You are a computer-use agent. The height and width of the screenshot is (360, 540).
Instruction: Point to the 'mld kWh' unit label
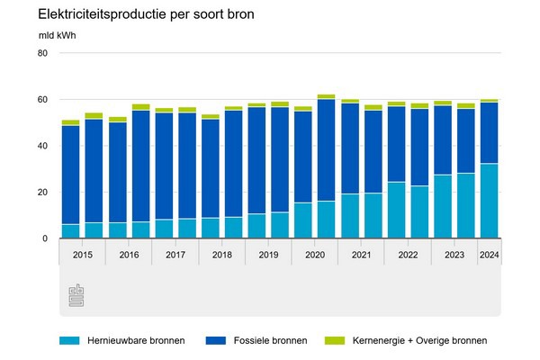[x=56, y=36]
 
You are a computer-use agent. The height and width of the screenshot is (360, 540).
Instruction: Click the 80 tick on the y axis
[x=41, y=53]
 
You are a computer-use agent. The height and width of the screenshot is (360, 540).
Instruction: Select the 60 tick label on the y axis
[x=41, y=100]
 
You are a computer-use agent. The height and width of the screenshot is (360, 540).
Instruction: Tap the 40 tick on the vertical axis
[x=41, y=146]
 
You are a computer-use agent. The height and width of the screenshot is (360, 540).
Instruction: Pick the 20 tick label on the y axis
[x=41, y=193]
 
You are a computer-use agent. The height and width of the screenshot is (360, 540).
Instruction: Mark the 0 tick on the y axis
[x=44, y=238]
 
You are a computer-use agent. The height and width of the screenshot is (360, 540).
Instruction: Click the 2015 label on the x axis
[x=82, y=255]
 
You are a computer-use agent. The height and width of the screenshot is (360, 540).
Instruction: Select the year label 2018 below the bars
[x=221, y=255]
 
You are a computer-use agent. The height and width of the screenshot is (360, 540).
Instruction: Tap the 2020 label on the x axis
[x=315, y=255]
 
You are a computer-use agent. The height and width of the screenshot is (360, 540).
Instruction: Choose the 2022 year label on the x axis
[x=408, y=255]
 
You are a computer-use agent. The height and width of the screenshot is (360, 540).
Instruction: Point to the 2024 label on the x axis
[x=490, y=255]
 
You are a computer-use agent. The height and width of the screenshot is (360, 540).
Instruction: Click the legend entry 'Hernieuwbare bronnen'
[x=136, y=340]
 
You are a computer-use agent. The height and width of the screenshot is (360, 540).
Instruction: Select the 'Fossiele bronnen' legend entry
[x=269, y=340]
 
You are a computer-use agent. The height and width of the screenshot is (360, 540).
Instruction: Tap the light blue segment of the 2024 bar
[x=490, y=201]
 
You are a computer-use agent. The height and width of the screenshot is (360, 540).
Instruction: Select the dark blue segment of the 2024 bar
[x=490, y=133]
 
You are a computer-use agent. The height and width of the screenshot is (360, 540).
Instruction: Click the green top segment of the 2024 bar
[x=490, y=101]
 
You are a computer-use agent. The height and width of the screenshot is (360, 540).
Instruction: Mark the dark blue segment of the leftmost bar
[x=70, y=175]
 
